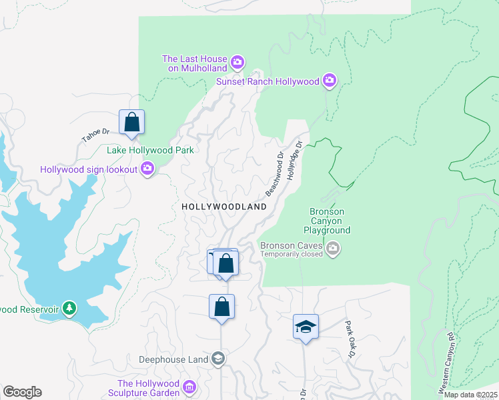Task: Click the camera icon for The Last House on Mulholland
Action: coord(237,64)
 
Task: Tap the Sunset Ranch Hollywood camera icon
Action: coord(329,81)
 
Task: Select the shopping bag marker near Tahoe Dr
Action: coord(132,123)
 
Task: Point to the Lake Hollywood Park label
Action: coord(150,150)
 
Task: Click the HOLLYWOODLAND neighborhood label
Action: coord(224,207)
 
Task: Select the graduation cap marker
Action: coord(306,327)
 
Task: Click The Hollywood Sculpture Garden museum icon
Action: coord(189,387)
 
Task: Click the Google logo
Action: coord(22,392)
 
